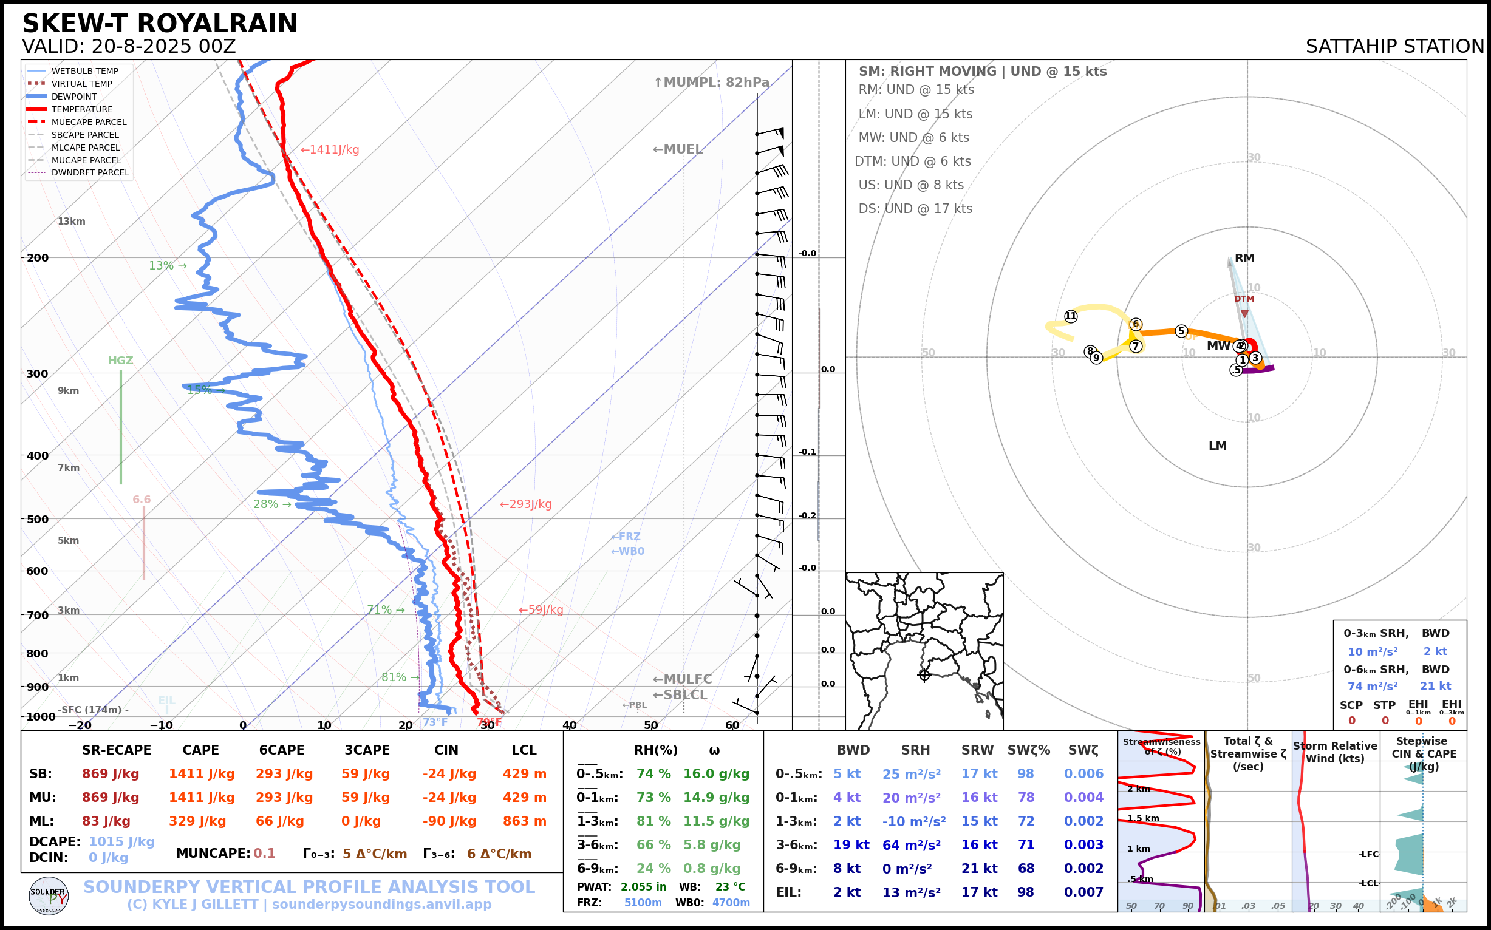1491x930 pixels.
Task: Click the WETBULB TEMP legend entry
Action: [x=84, y=72]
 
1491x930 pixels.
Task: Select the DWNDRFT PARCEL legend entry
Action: [x=90, y=173]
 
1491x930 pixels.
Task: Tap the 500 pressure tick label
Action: [x=37, y=519]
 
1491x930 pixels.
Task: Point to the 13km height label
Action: [x=72, y=222]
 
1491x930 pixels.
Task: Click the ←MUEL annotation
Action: [x=678, y=149]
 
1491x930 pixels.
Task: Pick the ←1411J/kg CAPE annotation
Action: [x=330, y=150]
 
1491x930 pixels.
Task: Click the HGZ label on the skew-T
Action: [x=121, y=361]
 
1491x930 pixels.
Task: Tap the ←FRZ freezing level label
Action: [x=626, y=537]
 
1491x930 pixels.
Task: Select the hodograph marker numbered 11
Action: [x=1071, y=316]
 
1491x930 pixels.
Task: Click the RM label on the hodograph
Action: [x=1244, y=259]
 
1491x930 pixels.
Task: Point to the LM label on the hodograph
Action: [x=1217, y=446]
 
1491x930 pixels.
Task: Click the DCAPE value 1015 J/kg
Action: [x=122, y=841]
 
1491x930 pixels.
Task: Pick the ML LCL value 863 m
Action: [x=524, y=821]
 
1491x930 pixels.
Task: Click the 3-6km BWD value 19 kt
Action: [x=851, y=845]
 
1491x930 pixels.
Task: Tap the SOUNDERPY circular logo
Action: [x=49, y=895]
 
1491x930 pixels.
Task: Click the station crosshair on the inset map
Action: [x=924, y=675]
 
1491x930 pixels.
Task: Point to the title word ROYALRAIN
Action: [x=217, y=24]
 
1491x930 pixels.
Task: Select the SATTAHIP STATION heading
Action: [x=1394, y=47]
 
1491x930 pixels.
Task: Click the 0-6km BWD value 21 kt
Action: [x=1435, y=686]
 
